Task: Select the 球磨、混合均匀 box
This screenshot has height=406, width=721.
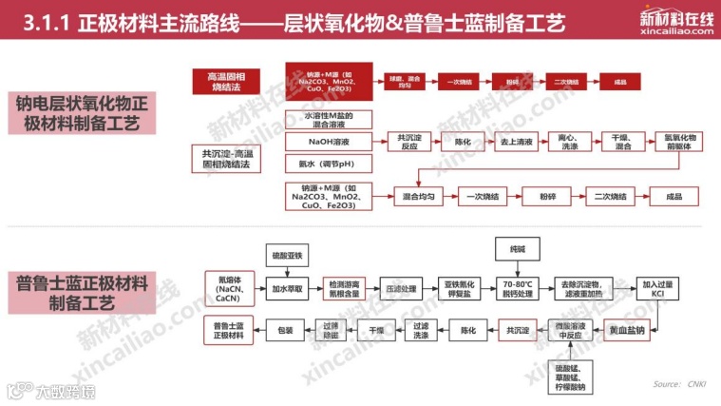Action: (397, 83)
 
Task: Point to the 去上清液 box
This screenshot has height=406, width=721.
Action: (511, 142)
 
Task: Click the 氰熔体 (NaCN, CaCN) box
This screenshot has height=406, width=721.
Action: (228, 285)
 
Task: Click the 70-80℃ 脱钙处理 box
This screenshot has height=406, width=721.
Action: (521, 285)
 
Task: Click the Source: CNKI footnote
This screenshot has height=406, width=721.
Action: (680, 384)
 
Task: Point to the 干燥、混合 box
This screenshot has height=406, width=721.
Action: (622, 142)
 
